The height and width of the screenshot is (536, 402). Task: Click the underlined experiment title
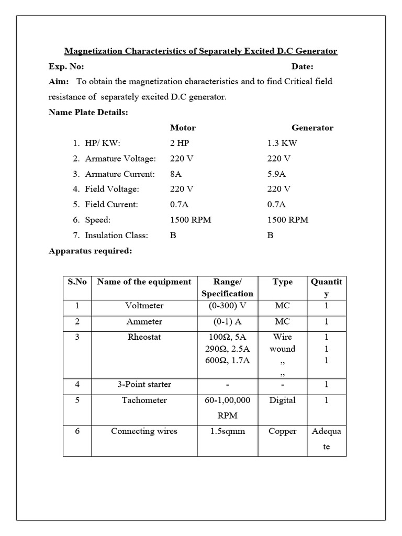(200, 51)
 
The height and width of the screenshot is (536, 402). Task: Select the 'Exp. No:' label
(66, 66)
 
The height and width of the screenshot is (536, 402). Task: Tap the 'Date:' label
(302, 66)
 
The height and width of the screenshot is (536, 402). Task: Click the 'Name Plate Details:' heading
(88, 112)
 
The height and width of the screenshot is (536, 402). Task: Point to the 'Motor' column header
(183, 128)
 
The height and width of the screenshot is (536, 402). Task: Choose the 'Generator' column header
(312, 128)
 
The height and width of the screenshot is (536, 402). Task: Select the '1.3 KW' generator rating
(282, 143)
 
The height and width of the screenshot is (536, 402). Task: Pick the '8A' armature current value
(176, 174)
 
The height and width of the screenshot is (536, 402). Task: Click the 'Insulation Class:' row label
(116, 235)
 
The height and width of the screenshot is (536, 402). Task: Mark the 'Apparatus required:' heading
(90, 251)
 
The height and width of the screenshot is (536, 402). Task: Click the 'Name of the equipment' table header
(144, 282)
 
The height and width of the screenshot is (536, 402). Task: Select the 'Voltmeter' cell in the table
(144, 306)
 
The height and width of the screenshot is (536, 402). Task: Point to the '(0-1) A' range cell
(227, 321)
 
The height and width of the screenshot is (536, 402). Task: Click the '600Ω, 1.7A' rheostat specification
(227, 360)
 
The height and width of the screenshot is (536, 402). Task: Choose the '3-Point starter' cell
(144, 384)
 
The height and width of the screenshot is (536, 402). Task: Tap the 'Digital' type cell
(282, 400)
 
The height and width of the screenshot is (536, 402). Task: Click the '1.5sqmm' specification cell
(227, 431)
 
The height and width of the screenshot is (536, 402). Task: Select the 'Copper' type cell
(282, 431)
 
